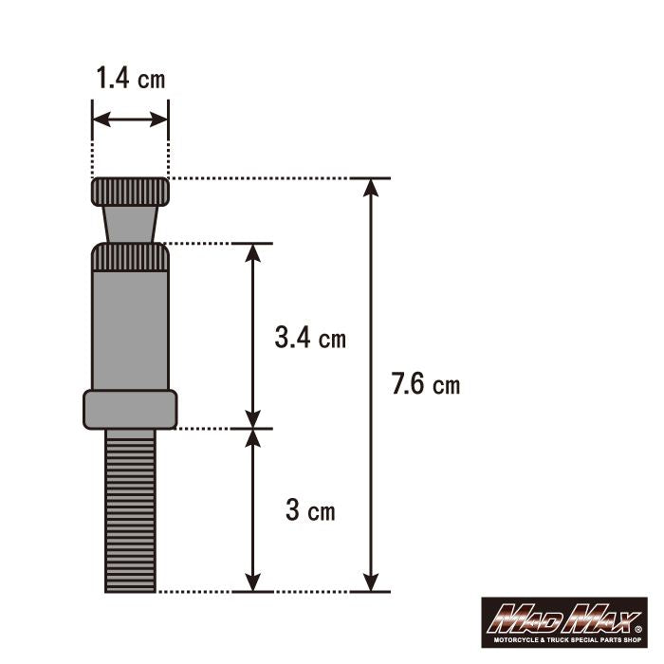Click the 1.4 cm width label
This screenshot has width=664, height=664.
[x=130, y=78]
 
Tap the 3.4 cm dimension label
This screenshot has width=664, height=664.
[x=310, y=337]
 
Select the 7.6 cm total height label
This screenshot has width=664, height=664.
[x=425, y=384]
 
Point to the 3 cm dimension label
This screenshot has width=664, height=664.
[x=310, y=511]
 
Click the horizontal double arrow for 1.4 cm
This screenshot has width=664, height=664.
[x=130, y=120]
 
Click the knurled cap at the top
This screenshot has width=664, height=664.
[x=131, y=193]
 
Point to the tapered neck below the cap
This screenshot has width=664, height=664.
[x=130, y=225]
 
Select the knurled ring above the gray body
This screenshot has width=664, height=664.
[x=130, y=257]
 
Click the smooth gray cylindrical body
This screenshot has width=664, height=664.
[x=130, y=327]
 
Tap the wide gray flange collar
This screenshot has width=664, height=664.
[x=130, y=409]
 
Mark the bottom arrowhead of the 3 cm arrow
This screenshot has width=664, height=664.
[x=252, y=582]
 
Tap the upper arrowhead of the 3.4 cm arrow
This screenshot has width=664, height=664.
[x=252, y=252]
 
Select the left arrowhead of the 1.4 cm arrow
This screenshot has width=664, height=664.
[x=100, y=120]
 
